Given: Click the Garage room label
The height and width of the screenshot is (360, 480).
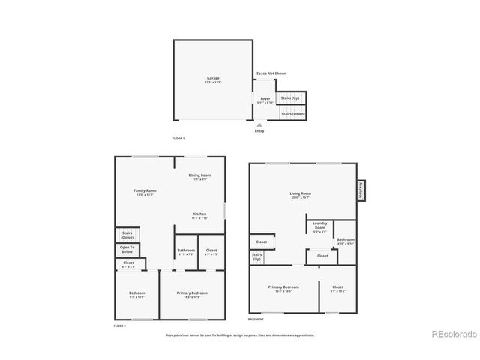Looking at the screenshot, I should pos(213,79).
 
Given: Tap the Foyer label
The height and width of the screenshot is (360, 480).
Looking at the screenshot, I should pos(265,100).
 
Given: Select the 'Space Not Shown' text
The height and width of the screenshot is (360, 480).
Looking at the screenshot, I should pos(271,73).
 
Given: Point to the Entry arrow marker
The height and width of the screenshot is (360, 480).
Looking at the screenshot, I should pos(259,125).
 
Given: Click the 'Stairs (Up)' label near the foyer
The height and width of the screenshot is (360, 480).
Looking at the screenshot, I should pos(290,98).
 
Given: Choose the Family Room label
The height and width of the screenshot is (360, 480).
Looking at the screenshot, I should pos(145,192).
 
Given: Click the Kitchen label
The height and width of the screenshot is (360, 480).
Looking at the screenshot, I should pos(200,216).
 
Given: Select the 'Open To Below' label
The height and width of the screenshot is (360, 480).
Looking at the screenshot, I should pos(127,248).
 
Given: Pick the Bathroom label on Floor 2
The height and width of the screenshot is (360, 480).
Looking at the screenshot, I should pos(186,251).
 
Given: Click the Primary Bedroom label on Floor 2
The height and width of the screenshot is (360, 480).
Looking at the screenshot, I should pos(193,293).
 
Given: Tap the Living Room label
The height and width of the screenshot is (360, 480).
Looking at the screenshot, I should pos(301,194).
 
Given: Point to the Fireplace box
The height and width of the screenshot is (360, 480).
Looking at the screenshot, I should pos(361,190).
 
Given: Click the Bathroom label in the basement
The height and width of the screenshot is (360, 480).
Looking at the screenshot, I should pos(346,241).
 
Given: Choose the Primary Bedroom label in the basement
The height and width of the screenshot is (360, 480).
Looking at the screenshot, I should pos(284,288).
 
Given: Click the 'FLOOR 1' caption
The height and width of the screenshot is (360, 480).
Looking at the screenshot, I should pos(178,139).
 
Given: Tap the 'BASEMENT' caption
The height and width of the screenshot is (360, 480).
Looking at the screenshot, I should pos(256,319).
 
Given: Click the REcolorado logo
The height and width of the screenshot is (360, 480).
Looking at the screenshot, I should pos(451,333).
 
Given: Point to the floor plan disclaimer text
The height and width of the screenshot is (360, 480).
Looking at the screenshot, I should pos(240,335).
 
